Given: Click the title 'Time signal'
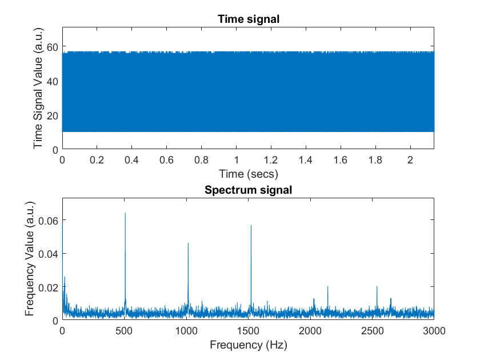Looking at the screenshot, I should pos(248,19).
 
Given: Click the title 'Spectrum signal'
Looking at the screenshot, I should pos(248,190).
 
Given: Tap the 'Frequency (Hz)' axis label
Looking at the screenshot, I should pos(248,345).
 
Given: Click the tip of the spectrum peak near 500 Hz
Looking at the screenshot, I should pos(125,213).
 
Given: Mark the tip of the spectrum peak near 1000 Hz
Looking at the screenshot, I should pos(188,243).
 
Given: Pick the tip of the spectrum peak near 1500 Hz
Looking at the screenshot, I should pos(251,226).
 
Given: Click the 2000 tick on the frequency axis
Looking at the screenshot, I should pos(310,330).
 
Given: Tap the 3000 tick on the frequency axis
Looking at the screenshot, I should pos(434,330).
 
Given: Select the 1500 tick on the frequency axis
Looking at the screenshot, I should pos(248,330).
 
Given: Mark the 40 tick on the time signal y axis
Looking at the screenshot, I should pos(52,82).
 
